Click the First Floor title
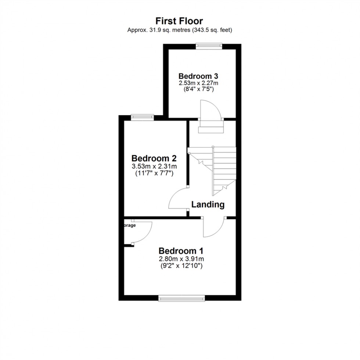(179, 21)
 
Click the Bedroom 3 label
(199, 76)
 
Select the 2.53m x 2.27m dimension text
(199, 83)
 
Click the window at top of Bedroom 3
(209, 46)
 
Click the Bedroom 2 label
(154, 158)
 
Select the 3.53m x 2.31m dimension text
(154, 166)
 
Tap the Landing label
(208, 205)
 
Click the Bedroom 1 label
(181, 251)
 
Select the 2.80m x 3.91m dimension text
(181, 259)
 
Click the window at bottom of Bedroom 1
(181, 299)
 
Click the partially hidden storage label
(129, 226)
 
